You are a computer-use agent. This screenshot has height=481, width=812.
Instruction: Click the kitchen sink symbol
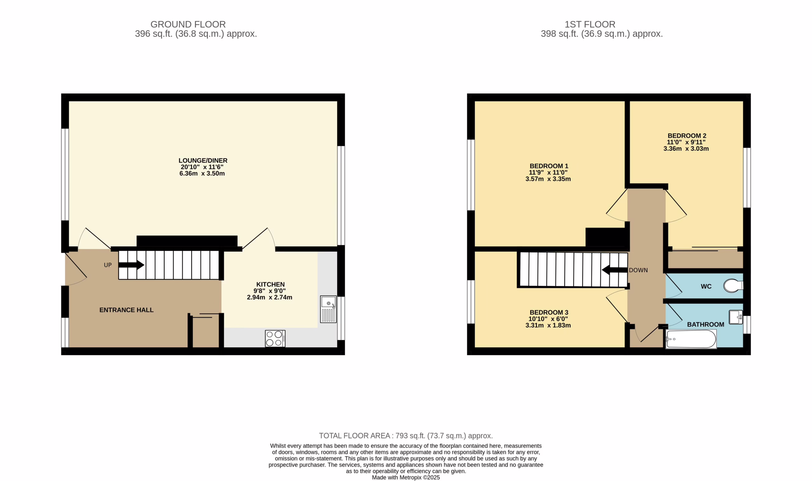(x=328, y=309)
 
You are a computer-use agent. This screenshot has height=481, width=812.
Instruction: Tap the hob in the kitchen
(x=275, y=338)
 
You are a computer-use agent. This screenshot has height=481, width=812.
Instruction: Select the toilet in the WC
(x=733, y=285)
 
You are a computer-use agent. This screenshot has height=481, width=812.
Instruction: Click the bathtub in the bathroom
(x=691, y=339)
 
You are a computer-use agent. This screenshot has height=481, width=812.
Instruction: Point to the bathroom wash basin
(x=736, y=317)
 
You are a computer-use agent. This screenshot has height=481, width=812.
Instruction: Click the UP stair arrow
(x=131, y=265)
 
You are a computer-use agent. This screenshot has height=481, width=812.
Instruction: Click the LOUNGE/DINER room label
(x=203, y=160)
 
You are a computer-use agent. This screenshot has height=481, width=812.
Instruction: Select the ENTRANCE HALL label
(x=127, y=310)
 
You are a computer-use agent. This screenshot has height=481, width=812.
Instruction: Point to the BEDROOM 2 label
(x=687, y=136)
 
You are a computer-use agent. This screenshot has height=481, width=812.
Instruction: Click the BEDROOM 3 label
(x=549, y=312)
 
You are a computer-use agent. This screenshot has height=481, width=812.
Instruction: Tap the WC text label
(x=706, y=286)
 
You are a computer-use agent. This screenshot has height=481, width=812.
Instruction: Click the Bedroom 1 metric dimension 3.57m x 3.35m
(x=548, y=179)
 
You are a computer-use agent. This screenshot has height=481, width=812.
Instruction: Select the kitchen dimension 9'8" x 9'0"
(x=270, y=291)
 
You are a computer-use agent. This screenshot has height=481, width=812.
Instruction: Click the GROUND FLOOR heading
(x=188, y=24)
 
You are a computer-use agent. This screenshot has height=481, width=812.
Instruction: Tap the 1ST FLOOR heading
(x=590, y=24)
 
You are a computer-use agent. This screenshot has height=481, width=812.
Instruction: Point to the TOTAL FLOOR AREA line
(x=406, y=436)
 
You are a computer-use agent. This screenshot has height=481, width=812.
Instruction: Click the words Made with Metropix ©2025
(x=406, y=478)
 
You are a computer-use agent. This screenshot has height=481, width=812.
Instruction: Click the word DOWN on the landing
(x=638, y=270)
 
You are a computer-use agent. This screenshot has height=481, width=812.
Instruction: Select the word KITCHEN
(x=271, y=284)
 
